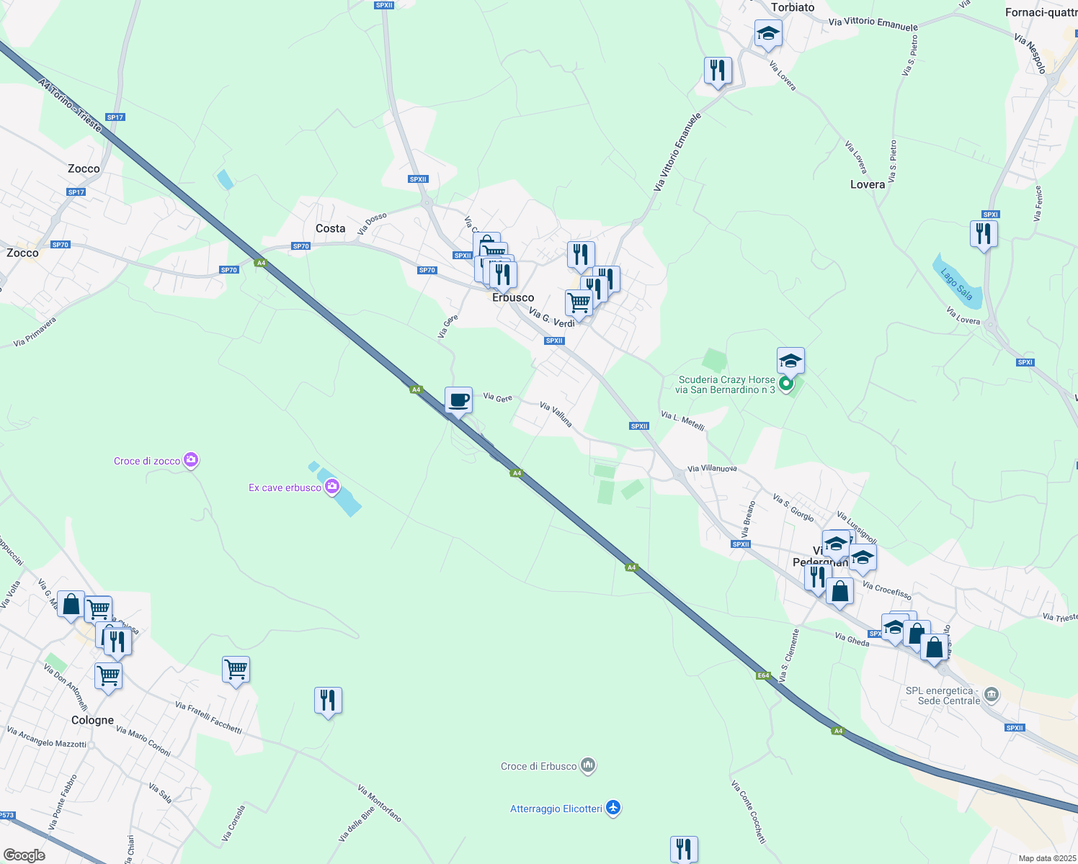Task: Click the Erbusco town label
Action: tap(513, 297)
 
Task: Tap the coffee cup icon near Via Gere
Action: tap(458, 400)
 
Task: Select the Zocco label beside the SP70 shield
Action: tap(22, 253)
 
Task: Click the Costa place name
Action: tap(330, 228)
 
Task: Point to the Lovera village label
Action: tap(867, 184)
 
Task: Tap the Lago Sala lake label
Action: tap(956, 284)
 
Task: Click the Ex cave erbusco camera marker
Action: tap(332, 487)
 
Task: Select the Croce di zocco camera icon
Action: tap(191, 460)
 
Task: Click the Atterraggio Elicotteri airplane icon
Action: tap(613, 808)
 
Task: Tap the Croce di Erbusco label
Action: tap(538, 766)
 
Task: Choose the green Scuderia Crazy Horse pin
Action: tap(786, 384)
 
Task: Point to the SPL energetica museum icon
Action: tap(992, 695)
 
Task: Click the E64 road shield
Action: tap(764, 675)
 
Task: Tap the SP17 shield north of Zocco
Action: tap(115, 117)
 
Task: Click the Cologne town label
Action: tap(92, 720)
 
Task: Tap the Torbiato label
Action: tap(793, 7)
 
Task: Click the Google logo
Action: tap(24, 855)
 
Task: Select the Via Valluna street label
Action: tap(556, 415)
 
